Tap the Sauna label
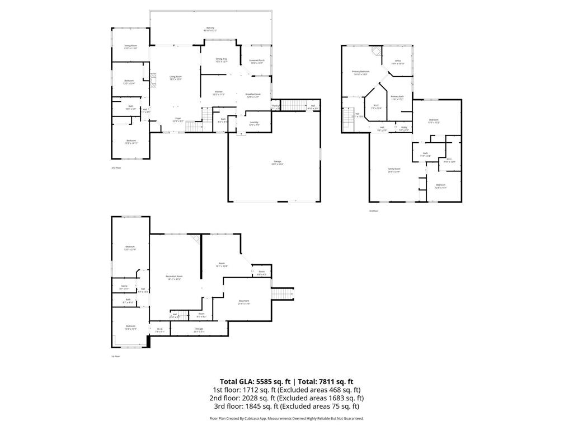[124, 287]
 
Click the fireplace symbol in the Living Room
[152, 80]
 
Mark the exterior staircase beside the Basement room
[283, 295]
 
